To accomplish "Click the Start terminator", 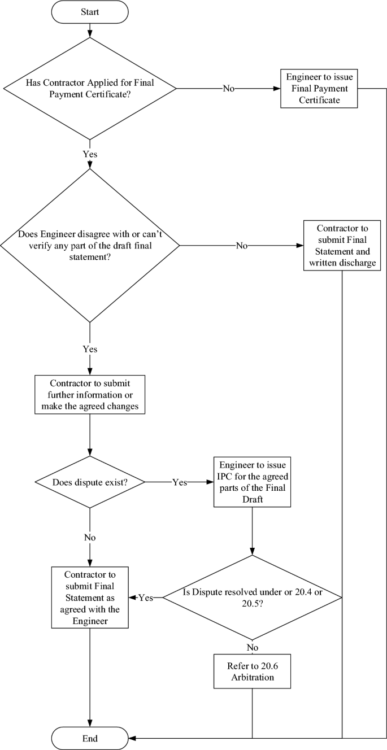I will [x=90, y=12].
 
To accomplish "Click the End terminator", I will [x=90, y=738].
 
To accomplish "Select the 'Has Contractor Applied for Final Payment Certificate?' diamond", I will [x=90, y=89].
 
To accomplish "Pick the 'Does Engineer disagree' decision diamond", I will [x=90, y=246].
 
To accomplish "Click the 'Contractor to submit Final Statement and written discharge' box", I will [x=342, y=246].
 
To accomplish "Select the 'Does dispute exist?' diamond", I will [x=90, y=482].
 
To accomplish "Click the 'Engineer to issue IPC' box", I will [x=252, y=482].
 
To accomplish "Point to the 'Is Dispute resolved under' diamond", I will [x=252, y=597].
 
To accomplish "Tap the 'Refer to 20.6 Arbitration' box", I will [x=252, y=671].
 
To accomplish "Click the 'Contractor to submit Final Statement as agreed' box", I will [x=90, y=598].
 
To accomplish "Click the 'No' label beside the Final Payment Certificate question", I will [x=229, y=89].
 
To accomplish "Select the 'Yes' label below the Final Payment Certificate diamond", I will [x=90, y=153].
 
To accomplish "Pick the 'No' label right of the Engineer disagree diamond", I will [x=241, y=246].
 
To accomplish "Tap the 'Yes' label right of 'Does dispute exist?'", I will [x=180, y=482].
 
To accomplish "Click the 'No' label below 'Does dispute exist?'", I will [x=90, y=537].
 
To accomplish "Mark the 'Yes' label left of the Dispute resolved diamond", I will [x=146, y=598].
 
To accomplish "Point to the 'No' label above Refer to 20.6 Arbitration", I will [x=252, y=647].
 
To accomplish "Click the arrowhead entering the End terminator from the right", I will [x=132, y=738].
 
